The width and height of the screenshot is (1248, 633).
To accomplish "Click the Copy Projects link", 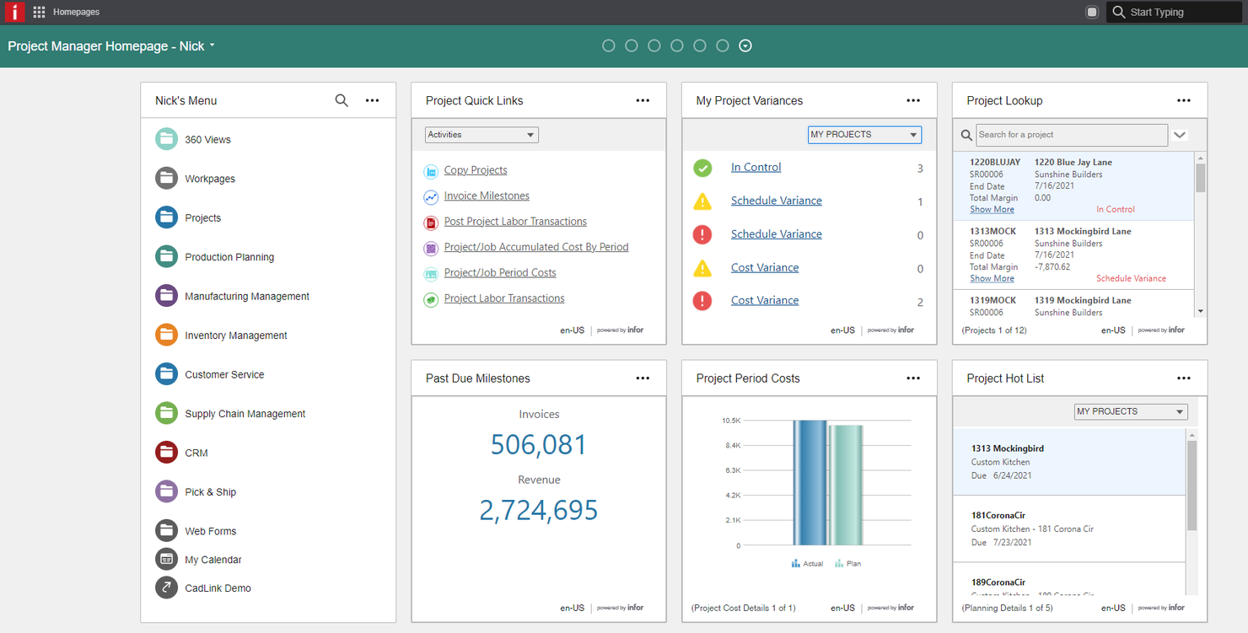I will [476, 170].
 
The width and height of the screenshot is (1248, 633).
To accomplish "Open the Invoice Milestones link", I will [487, 196].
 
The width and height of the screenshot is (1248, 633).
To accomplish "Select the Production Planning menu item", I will [229, 257].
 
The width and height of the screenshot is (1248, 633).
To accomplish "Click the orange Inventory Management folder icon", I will [166, 335].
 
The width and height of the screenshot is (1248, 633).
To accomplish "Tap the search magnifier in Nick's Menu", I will [342, 100].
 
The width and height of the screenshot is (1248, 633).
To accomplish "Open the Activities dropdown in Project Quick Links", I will [481, 135].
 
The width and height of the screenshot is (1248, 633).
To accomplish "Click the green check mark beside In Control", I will [702, 168].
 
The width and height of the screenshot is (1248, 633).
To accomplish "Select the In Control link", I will [756, 167].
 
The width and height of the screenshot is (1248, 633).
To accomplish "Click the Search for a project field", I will [1071, 135].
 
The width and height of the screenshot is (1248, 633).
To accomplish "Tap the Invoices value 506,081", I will [539, 444].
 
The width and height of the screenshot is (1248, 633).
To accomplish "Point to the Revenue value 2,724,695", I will [539, 510].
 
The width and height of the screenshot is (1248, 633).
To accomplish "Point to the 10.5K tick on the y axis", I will [730, 421].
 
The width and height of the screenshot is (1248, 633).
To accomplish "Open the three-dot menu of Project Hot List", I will [1184, 378].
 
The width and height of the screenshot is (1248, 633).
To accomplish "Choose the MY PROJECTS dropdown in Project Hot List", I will [1131, 411].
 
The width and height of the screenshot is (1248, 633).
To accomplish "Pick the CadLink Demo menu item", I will [218, 588].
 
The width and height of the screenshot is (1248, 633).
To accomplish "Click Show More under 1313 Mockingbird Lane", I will [992, 278].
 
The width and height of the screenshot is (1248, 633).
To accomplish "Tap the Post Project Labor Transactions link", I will [515, 222].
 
